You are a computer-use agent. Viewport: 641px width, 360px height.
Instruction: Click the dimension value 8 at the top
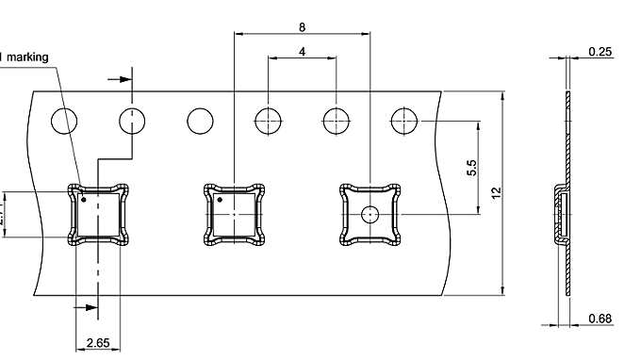tap(302, 26)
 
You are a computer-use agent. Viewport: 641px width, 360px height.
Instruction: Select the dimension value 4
tap(302, 52)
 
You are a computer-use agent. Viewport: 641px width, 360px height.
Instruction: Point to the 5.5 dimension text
tap(471, 168)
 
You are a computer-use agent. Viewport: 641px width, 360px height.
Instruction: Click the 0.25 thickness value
tap(599, 52)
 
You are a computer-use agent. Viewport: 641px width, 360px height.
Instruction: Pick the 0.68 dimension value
tap(600, 319)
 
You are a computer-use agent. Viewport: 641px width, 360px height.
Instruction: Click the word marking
tap(27, 57)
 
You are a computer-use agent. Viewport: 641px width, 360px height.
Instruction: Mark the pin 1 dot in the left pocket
tap(84, 199)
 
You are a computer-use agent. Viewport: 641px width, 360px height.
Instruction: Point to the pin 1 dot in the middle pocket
tap(221, 199)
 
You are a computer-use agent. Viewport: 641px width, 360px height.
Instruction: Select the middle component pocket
tap(234, 215)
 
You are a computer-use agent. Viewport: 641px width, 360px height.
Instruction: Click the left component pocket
tap(97, 215)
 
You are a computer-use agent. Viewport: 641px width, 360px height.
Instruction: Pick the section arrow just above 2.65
tap(86, 307)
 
